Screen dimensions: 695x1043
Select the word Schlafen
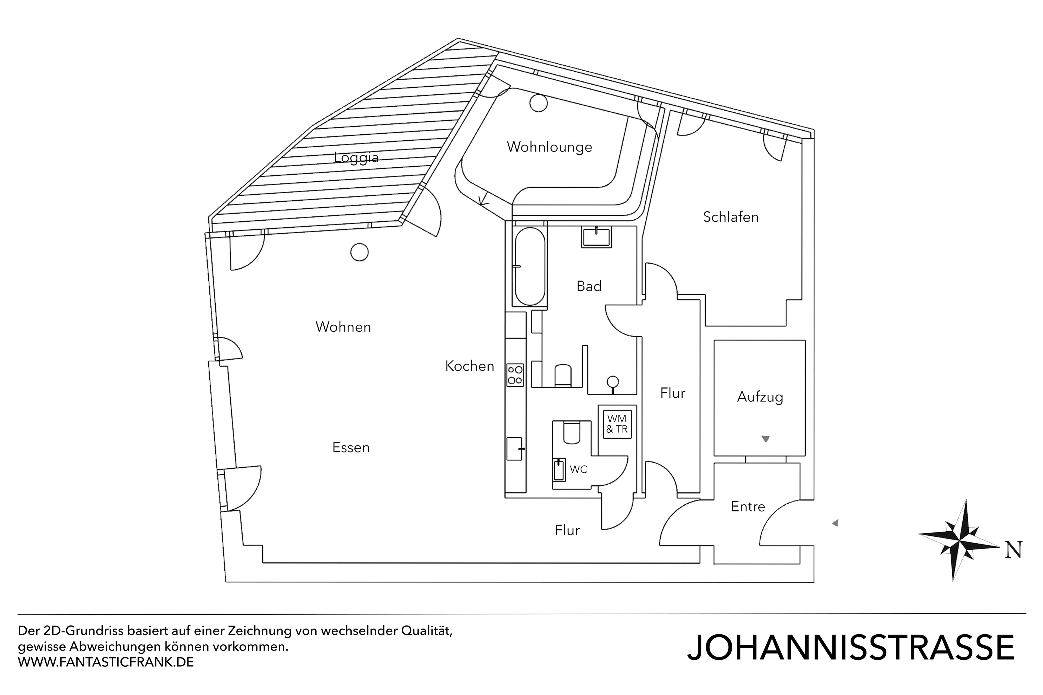[x=730, y=217]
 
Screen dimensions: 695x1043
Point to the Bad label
[x=589, y=286]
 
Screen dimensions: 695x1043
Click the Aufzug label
[x=760, y=396]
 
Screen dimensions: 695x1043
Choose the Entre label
[x=748, y=506]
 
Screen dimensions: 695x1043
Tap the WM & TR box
[x=617, y=424]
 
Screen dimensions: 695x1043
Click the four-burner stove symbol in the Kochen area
[x=515, y=375]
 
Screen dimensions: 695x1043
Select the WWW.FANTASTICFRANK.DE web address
[x=106, y=662]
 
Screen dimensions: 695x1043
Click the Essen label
[x=351, y=447]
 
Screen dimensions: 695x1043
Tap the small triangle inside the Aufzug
[x=765, y=439]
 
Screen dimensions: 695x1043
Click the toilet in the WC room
[x=571, y=432]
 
